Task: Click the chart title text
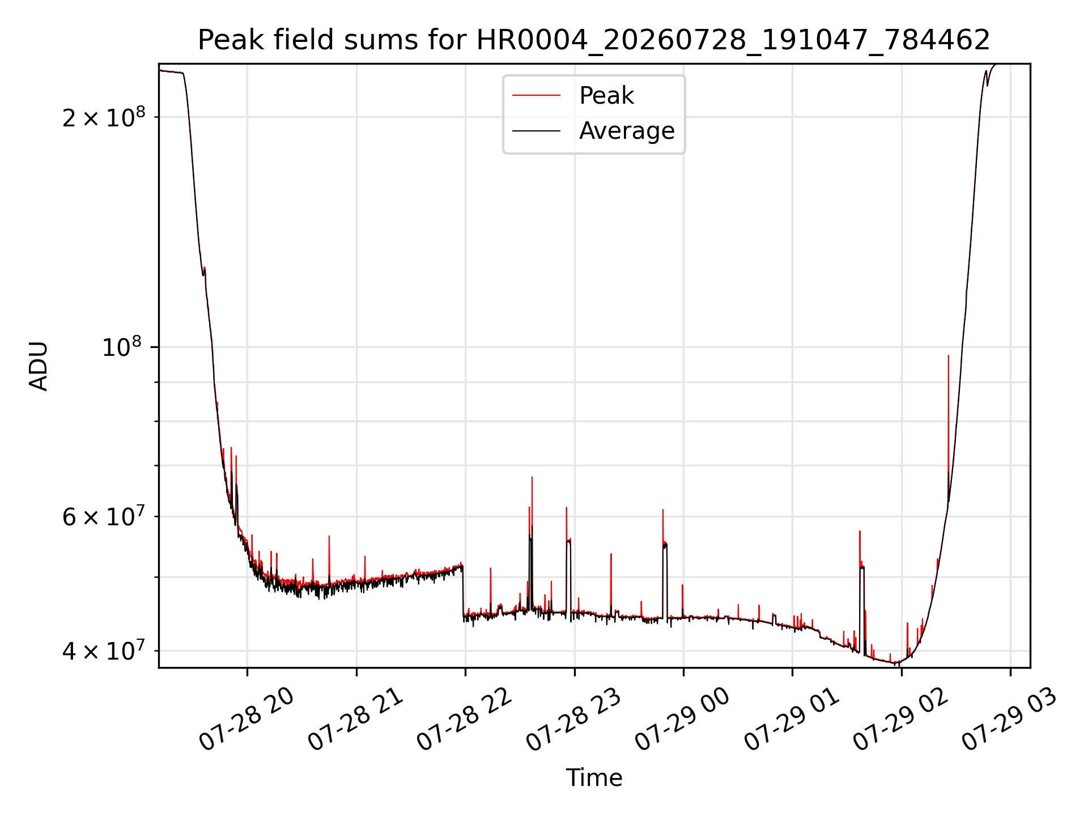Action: click(x=594, y=40)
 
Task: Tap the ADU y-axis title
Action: click(x=39, y=365)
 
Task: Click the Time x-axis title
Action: click(x=594, y=777)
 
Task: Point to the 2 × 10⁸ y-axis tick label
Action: click(x=104, y=117)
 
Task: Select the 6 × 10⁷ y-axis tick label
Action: click(x=104, y=516)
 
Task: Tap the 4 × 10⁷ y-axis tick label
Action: click(x=104, y=651)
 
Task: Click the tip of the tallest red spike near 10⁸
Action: click(x=948, y=356)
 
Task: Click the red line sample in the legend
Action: click(x=536, y=96)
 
